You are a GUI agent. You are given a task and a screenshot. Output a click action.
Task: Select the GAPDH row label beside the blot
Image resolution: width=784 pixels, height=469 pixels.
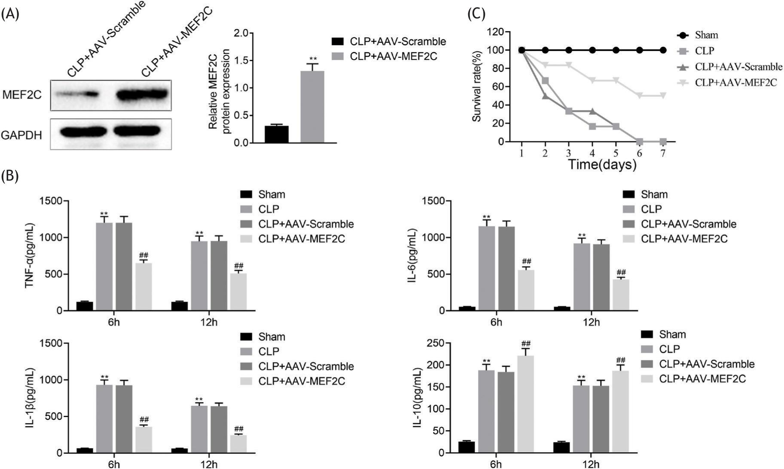(x=21, y=136)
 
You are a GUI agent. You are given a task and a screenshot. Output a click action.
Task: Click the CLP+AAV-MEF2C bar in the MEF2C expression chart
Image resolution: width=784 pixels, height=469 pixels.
(x=312, y=106)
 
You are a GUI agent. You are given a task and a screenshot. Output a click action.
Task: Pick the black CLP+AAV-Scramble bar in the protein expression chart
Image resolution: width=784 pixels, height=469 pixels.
(x=276, y=134)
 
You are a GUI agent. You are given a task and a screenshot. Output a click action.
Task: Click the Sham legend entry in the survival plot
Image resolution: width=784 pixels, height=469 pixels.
(x=706, y=35)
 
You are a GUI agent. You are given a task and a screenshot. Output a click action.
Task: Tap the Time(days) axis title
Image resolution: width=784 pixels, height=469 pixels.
(x=602, y=164)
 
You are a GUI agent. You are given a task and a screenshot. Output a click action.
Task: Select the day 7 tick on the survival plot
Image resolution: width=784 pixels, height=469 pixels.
(x=663, y=153)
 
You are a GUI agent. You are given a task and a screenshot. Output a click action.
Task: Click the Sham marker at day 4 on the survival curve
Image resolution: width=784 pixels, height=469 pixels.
(x=592, y=50)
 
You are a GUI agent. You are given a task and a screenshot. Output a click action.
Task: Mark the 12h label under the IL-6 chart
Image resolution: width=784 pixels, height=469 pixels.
(x=591, y=322)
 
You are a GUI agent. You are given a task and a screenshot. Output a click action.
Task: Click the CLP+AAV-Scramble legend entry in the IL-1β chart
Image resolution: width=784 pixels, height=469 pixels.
(x=306, y=366)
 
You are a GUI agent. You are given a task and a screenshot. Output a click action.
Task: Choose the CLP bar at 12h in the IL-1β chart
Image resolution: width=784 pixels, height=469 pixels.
(x=199, y=429)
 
